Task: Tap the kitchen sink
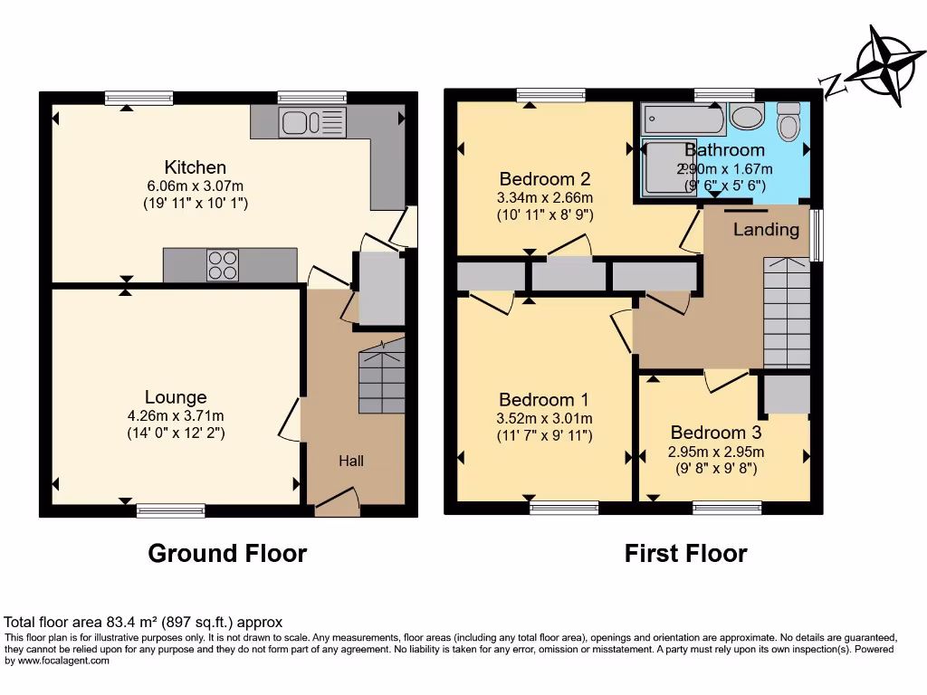(x=312, y=121)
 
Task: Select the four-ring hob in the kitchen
(x=223, y=264)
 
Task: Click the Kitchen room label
(x=195, y=167)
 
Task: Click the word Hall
(x=351, y=462)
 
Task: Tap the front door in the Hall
(x=337, y=503)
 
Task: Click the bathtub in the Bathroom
(x=683, y=119)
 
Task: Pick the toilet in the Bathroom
(x=788, y=120)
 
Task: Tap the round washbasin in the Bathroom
(x=746, y=117)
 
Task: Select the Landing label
(x=766, y=230)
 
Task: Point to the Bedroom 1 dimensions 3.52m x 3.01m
(x=545, y=418)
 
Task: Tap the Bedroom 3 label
(x=716, y=433)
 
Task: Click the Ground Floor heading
(x=227, y=553)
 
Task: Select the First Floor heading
(x=685, y=553)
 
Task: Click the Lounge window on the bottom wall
(x=170, y=510)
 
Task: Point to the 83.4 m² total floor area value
(x=135, y=623)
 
